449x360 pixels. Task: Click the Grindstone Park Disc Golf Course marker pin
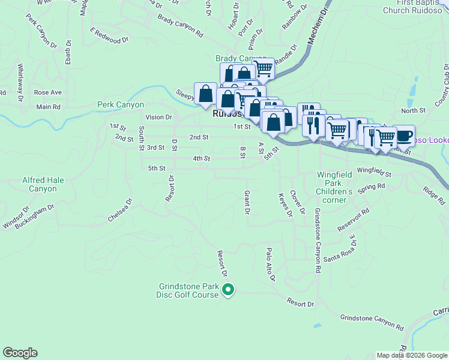(228, 290)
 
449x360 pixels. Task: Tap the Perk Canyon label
(121, 104)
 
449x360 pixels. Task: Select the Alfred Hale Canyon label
(39, 184)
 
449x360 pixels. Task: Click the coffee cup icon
(403, 135)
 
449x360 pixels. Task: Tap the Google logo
(20, 353)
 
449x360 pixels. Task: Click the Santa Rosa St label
(340, 248)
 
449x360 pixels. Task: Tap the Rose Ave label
(48, 92)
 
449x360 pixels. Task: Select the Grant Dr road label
(246, 202)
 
